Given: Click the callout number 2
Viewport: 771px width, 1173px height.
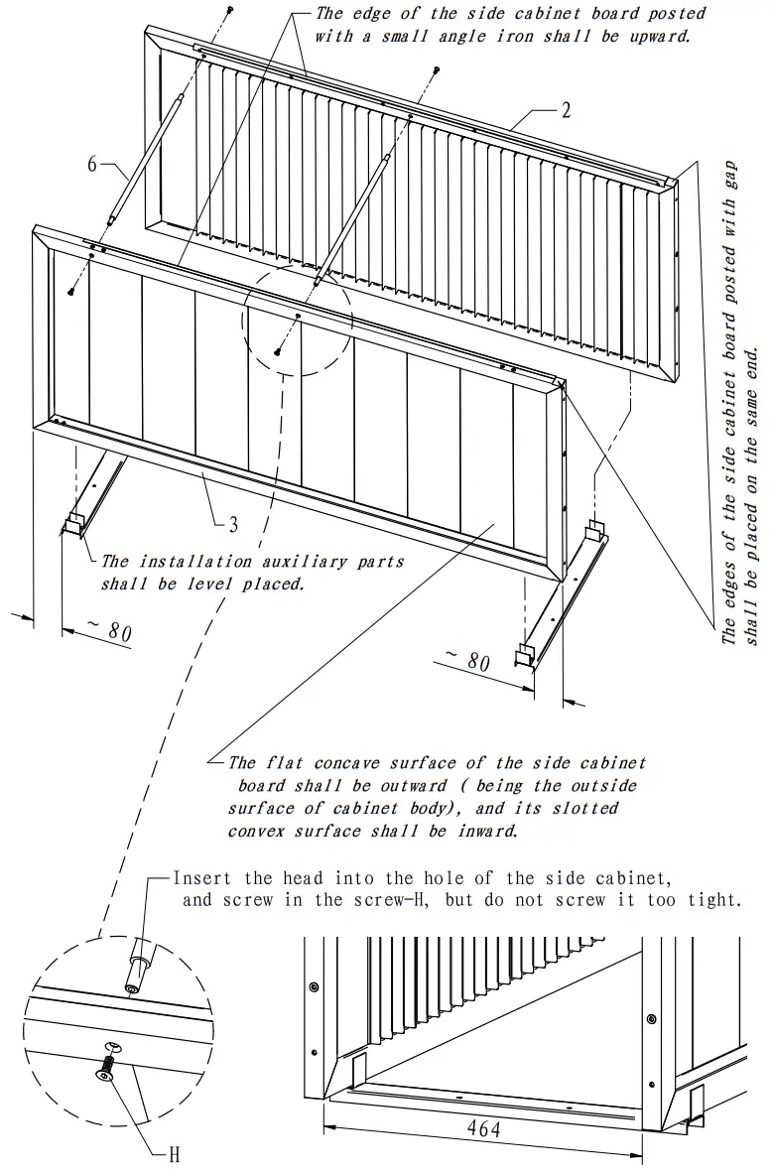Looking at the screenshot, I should click(x=566, y=110).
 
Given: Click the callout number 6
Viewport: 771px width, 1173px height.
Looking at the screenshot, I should click(x=92, y=164).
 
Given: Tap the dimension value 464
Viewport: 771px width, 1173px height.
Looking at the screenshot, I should click(x=482, y=1128).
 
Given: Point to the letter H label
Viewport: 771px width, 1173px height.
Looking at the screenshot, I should click(x=174, y=1154).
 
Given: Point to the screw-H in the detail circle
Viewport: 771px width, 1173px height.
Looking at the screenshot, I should click(x=105, y=1068).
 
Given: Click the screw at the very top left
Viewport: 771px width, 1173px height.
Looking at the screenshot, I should click(x=230, y=9).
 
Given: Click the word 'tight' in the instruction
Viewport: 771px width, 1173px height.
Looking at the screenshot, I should click(x=716, y=901).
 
